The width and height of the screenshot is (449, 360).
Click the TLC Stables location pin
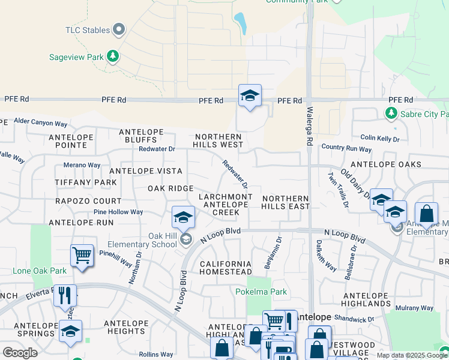click(119, 29)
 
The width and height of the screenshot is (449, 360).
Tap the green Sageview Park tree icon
click(112, 57)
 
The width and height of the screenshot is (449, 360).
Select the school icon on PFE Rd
click(250, 96)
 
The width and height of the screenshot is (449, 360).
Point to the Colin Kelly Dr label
click(379, 139)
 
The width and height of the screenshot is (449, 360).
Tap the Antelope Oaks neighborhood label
click(385, 164)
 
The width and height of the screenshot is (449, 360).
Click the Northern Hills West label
click(219, 140)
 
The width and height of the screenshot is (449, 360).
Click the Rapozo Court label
click(88, 201)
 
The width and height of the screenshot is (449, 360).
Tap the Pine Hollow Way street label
click(118, 212)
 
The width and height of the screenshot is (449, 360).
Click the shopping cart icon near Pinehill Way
click(82, 255)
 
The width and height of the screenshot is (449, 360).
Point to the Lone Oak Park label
click(40, 271)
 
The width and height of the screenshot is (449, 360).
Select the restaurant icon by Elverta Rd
click(65, 296)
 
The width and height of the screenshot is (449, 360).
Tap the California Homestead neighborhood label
click(226, 268)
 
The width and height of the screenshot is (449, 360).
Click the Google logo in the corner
click(20, 353)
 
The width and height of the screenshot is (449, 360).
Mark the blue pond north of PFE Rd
click(241, 23)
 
